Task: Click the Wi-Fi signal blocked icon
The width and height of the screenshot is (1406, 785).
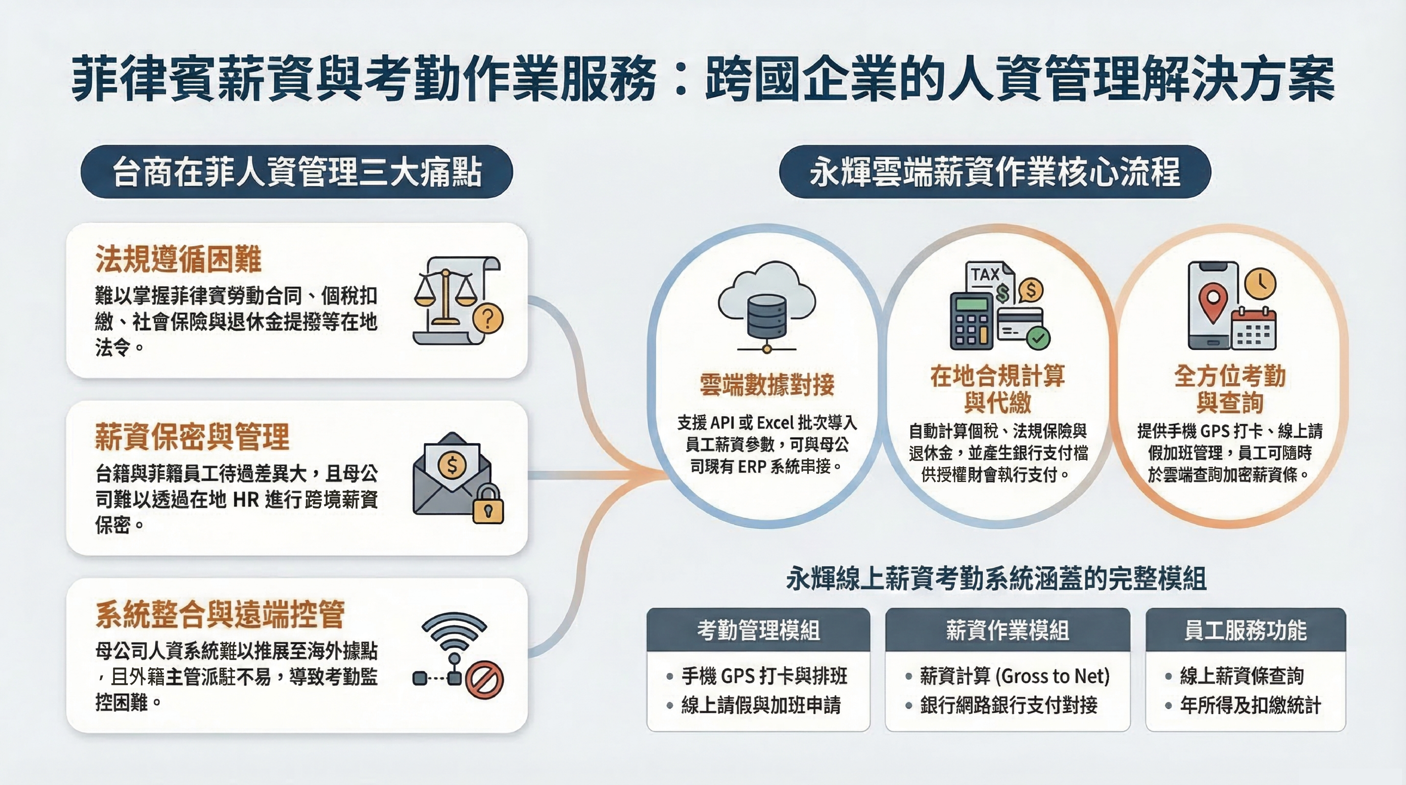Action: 457,655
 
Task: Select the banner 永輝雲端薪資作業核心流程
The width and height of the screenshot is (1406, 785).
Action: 994,171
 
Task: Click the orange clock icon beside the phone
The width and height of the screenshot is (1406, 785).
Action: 1260,283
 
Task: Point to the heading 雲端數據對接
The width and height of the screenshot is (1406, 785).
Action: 767,384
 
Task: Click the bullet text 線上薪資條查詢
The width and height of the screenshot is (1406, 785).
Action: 1242,676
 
